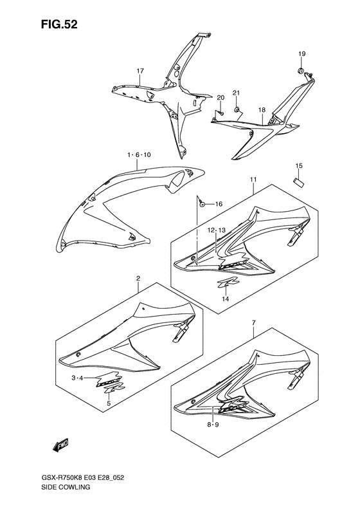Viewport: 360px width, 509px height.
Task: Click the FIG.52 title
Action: (59, 24)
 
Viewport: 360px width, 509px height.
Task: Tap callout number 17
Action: (140, 71)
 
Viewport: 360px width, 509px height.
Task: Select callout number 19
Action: (302, 54)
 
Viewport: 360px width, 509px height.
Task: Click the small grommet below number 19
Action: (300, 70)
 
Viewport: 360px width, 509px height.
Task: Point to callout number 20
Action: (221, 98)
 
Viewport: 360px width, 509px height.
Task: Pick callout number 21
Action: (236, 93)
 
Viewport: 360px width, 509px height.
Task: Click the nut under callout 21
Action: (237, 109)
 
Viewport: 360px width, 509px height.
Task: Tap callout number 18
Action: (262, 110)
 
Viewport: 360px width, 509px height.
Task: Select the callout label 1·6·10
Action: (139, 155)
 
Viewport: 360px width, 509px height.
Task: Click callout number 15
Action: (299, 166)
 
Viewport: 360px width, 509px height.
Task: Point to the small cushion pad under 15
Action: (298, 182)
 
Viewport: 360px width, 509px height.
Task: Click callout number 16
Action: (219, 204)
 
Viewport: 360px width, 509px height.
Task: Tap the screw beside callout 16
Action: (202, 203)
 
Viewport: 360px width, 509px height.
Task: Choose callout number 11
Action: (253, 180)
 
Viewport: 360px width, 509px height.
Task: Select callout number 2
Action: (138, 278)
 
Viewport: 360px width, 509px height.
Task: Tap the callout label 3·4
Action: (78, 378)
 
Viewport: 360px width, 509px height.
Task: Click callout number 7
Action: (254, 322)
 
